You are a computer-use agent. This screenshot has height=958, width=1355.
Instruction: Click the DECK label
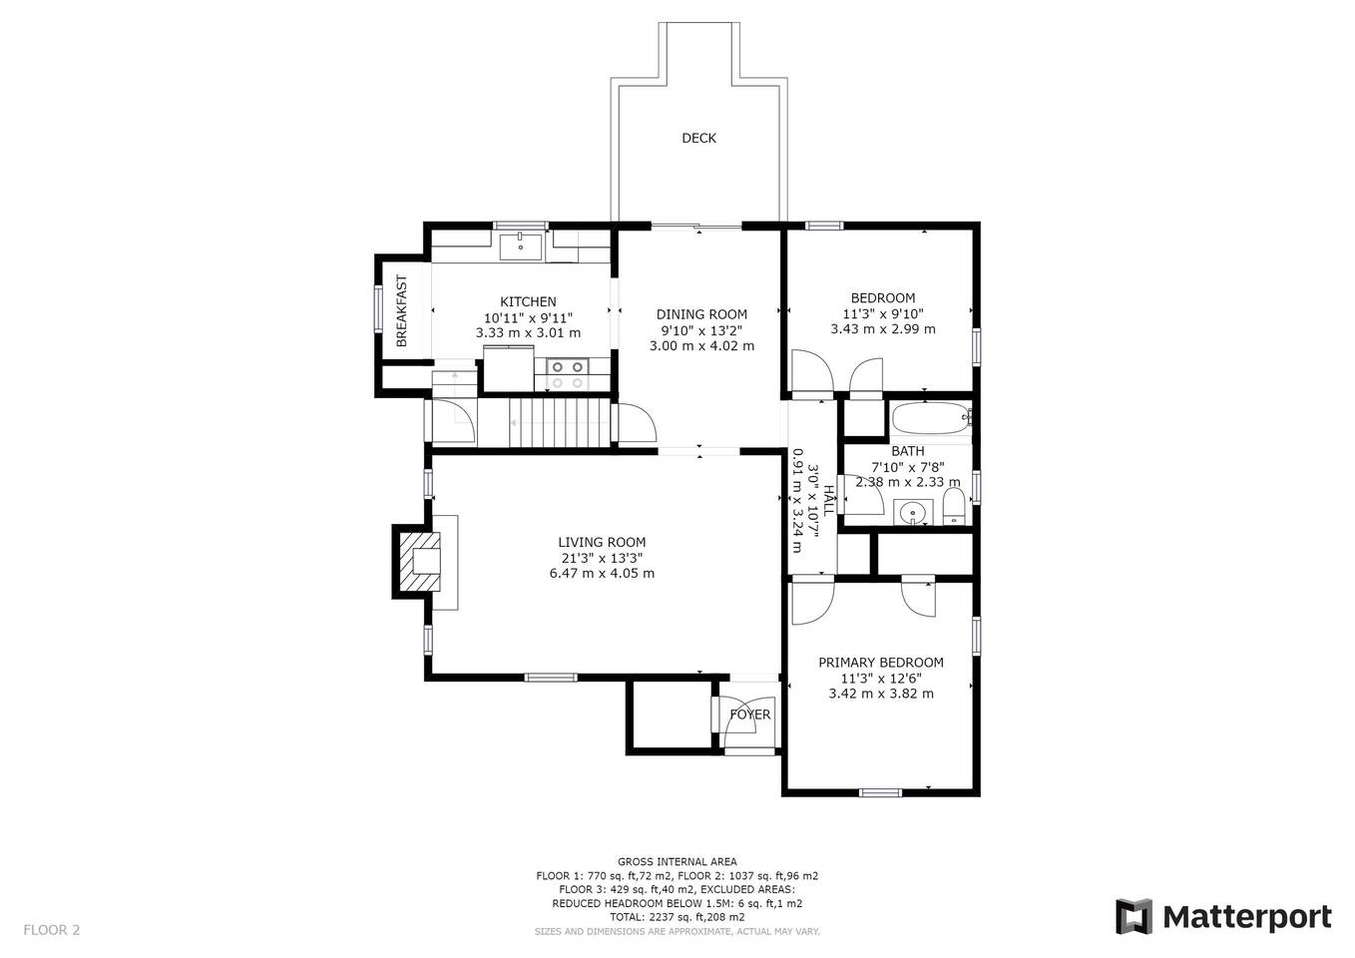698,138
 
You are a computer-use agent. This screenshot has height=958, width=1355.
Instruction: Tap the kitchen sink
520,246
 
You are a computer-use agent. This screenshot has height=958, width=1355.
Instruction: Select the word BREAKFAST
401,311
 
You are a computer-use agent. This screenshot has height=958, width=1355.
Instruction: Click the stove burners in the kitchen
568,375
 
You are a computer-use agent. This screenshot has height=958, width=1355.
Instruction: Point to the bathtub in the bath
930,418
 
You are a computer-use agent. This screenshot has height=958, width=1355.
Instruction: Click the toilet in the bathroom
953,506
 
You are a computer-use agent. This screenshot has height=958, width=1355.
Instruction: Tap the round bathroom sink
913,512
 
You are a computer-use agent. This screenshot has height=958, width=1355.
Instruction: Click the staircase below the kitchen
559,422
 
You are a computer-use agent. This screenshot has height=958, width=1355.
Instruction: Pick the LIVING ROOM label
602,542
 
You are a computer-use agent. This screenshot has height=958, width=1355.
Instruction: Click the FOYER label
750,715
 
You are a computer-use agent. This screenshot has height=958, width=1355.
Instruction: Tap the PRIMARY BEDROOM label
881,663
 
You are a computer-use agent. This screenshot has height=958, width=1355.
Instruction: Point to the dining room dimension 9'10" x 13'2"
701,330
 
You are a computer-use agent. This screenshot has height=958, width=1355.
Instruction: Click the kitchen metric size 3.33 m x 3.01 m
528,332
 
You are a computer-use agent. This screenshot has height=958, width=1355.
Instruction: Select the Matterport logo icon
1133,916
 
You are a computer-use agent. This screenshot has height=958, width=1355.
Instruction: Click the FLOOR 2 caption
52,930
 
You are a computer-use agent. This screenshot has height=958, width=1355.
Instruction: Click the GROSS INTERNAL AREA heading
677,862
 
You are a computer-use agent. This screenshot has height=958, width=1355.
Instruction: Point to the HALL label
828,500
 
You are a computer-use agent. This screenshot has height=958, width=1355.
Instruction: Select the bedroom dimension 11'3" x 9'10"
883,313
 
